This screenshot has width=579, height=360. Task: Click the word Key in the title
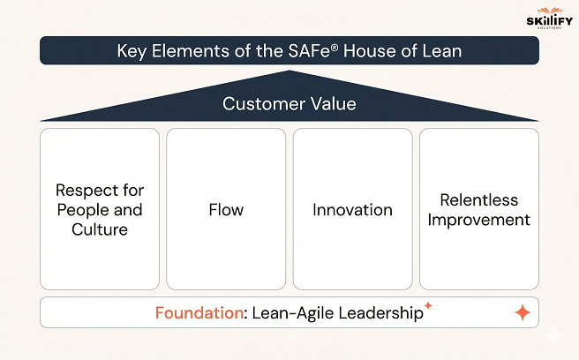tap(133, 51)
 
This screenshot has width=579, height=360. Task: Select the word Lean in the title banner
tap(442, 51)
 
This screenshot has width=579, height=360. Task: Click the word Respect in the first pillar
tap(88, 191)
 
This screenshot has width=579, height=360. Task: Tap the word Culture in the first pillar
tap(100, 229)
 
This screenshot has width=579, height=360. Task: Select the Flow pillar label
tap(226, 210)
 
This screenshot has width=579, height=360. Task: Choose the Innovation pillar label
tap(352, 210)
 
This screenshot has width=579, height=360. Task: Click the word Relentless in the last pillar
tap(478, 200)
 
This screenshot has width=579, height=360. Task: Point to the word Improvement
tap(478, 220)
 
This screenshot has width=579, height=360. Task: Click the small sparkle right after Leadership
tap(428, 305)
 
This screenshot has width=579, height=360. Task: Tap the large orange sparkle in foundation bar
tap(522, 312)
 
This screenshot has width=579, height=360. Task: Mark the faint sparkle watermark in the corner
tap(554, 336)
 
